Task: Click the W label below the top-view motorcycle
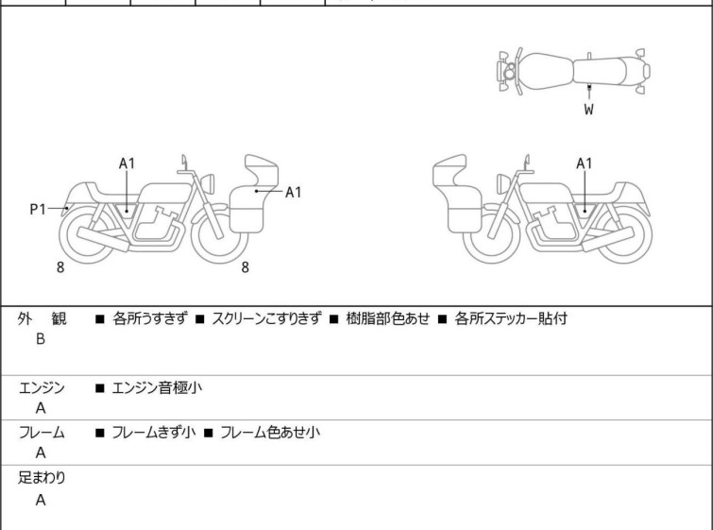pos(588,110)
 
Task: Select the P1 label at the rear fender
pos(38,209)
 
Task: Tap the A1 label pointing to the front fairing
pos(293,192)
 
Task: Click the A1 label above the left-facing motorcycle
pos(585,162)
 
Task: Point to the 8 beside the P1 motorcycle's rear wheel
pos(60,267)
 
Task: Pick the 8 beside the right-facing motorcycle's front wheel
pos(245,267)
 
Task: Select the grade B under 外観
pos(41,339)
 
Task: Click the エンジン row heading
pos(42,387)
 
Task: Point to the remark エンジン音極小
pos(158,387)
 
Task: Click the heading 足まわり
pos(42,478)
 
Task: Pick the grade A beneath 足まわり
pos(41,501)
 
